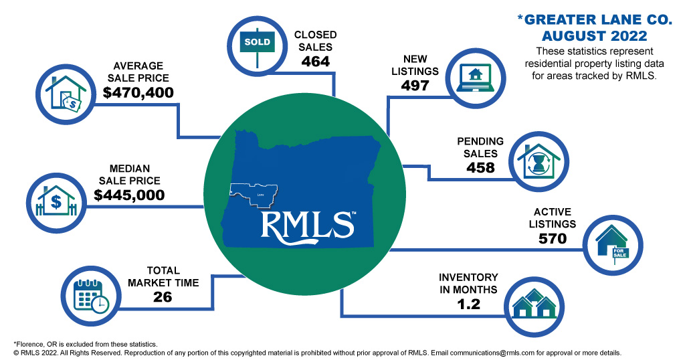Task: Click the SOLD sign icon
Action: pyautogui.click(x=258, y=41)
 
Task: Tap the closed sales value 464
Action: pyautogui.click(x=315, y=62)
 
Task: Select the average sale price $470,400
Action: pyautogui.click(x=138, y=92)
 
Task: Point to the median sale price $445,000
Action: pyautogui.click(x=129, y=195)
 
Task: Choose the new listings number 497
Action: pyautogui.click(x=419, y=85)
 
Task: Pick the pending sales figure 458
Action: pyautogui.click(x=480, y=167)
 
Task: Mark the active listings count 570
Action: pyautogui.click(x=552, y=238)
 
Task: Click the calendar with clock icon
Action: pyautogui.click(x=91, y=295)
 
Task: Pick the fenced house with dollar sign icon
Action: pyautogui.click(x=57, y=199)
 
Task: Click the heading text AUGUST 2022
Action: pyautogui.click(x=595, y=35)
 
